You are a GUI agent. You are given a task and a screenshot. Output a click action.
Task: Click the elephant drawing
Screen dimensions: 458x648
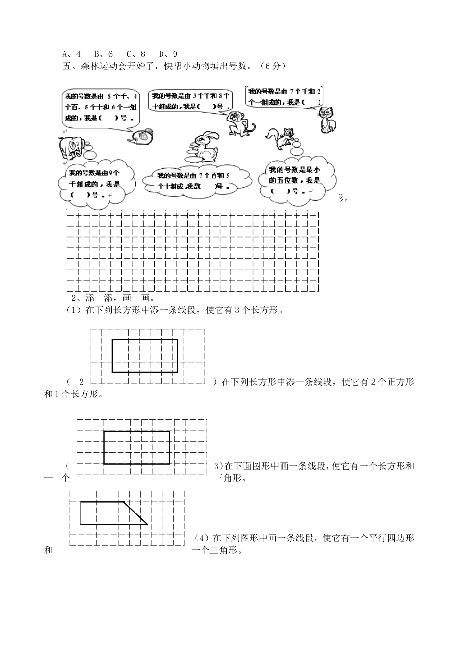coord(72,147)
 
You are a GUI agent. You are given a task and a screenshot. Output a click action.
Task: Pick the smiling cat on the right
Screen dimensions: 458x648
coord(328,119)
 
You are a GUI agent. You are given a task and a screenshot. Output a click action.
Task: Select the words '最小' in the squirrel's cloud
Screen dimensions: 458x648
coord(313,170)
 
